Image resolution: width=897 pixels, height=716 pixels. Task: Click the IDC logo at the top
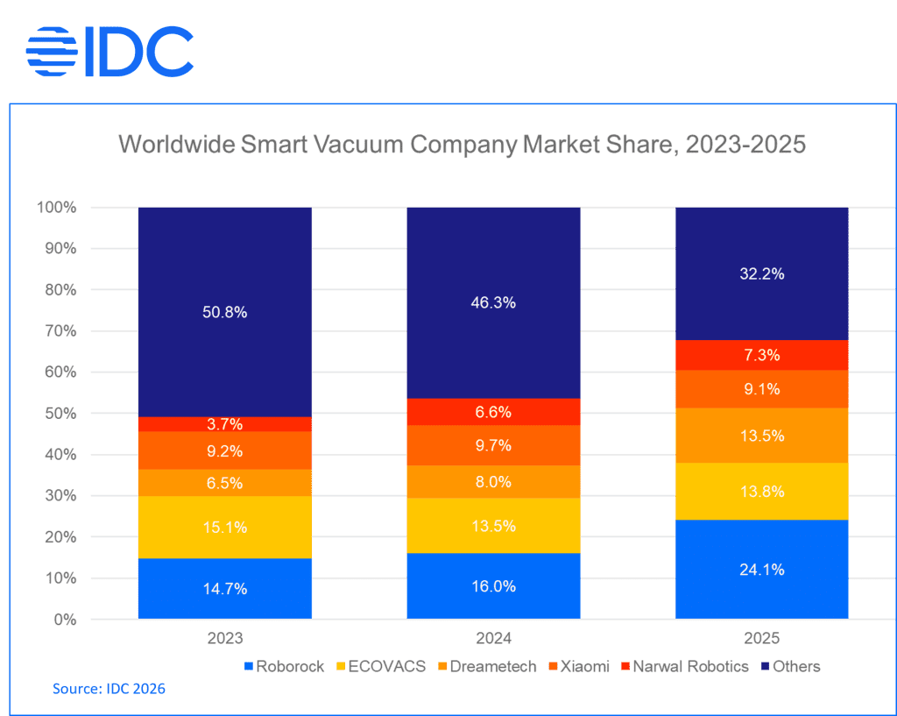coord(110,52)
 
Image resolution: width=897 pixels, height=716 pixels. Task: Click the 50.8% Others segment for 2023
coord(225,312)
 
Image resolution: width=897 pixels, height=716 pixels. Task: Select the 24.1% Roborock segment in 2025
coord(761,569)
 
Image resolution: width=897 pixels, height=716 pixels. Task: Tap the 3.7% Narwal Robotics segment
coord(225,424)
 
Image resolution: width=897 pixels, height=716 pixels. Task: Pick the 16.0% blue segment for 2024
coord(493,585)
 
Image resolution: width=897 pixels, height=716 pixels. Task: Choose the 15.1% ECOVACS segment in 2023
coord(225,527)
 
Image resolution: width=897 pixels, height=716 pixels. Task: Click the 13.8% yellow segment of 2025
coord(761,491)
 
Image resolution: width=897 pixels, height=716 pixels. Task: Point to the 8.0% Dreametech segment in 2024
coord(493,481)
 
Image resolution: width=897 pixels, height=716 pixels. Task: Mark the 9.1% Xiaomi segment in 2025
coord(761,389)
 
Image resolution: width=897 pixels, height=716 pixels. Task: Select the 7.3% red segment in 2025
coord(761,355)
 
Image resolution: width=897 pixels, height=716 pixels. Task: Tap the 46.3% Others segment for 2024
coord(493,302)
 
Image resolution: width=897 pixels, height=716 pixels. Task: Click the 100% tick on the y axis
coord(58,208)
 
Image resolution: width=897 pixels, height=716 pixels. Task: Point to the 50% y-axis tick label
coord(60,414)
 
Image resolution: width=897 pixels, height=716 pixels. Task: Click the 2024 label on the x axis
coord(493,638)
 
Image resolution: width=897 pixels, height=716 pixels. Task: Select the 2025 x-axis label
coord(761,638)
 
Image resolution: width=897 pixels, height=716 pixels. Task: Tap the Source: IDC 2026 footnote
coord(109,689)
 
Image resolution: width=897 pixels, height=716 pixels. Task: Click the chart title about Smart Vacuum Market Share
coord(462,145)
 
